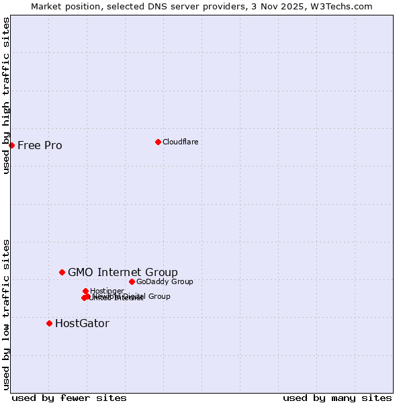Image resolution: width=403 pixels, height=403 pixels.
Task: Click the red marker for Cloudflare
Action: tap(158, 142)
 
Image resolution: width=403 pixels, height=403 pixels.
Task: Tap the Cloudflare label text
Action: tap(180, 142)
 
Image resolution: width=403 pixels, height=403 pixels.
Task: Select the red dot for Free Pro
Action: tap(11, 145)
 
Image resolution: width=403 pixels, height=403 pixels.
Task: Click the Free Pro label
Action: tap(40, 145)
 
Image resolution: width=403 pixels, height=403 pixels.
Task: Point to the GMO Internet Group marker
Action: tap(62, 272)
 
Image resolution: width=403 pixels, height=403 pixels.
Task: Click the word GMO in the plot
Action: tap(81, 272)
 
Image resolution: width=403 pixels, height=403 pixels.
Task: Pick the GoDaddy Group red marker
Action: tap(132, 281)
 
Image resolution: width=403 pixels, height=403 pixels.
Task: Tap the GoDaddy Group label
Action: tap(165, 281)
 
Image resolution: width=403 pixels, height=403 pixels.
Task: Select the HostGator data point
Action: tap(49, 323)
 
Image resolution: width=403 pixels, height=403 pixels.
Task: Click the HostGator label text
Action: tap(82, 323)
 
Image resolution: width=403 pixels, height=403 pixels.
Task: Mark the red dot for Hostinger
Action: tap(85, 291)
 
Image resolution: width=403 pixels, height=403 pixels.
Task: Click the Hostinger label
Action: tap(107, 291)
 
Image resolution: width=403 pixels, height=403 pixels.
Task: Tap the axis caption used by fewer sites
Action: tap(69, 398)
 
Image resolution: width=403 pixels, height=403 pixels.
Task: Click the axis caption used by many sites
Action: tap(337, 398)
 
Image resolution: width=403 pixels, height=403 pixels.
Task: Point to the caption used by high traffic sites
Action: tap(6, 95)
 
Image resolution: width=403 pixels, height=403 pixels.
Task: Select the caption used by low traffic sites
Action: tap(6, 314)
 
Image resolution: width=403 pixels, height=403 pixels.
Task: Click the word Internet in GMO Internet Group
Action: tap(120, 272)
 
